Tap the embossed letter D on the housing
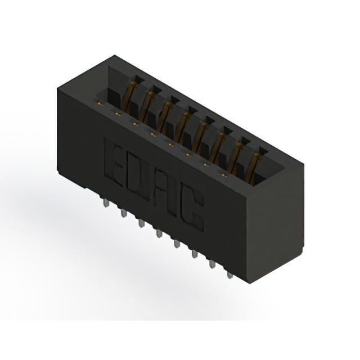(x=137, y=177)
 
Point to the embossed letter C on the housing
(x=191, y=209)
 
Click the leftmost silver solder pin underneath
(x=106, y=203)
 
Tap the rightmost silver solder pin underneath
(x=229, y=274)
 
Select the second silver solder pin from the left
(x=124, y=213)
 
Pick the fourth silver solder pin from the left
(x=159, y=234)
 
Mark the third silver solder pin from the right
(x=195, y=254)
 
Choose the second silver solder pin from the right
(x=213, y=264)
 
